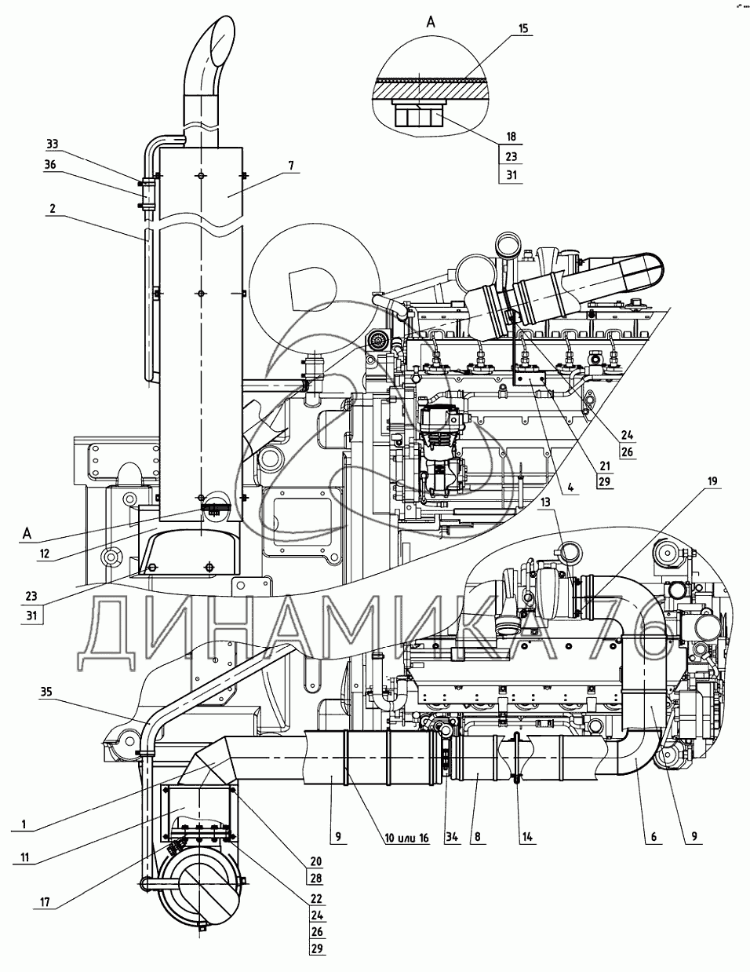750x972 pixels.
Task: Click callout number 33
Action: (53, 144)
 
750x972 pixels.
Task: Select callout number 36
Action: (50, 165)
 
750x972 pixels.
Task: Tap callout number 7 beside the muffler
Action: (291, 166)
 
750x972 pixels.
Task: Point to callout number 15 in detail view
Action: (523, 28)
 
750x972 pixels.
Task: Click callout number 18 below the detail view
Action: (511, 137)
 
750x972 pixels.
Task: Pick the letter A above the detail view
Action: (431, 22)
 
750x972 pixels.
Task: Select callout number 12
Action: (44, 554)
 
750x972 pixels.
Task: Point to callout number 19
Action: (712, 481)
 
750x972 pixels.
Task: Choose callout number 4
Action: (571, 487)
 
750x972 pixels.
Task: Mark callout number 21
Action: (605, 466)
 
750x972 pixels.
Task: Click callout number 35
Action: (46, 692)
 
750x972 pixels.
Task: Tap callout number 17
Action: (45, 901)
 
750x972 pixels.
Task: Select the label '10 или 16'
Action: (406, 838)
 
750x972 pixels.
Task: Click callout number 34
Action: (452, 837)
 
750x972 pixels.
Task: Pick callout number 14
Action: (527, 837)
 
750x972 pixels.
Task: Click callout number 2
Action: (53, 208)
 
